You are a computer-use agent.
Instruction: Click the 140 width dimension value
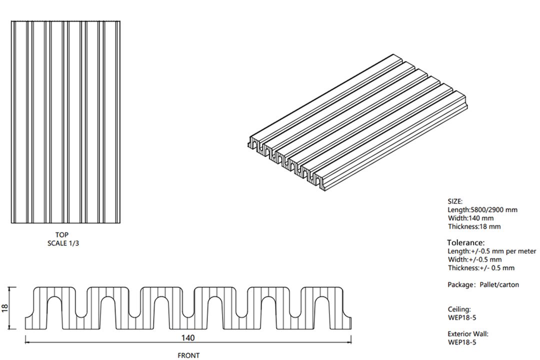187,337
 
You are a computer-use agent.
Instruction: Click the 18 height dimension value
5,307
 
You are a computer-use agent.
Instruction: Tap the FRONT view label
188,355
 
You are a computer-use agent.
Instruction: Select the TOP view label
62,235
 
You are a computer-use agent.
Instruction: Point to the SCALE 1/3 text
63,243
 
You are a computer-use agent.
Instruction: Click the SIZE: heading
455,201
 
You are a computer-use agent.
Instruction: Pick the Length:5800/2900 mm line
482,210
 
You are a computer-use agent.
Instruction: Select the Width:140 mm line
470,218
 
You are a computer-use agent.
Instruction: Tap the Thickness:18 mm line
474,226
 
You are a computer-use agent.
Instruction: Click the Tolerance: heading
465,242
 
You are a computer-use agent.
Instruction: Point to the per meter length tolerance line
492,251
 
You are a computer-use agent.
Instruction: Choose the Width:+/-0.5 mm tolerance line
474,259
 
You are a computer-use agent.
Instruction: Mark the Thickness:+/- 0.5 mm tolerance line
481,268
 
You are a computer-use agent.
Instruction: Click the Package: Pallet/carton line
483,285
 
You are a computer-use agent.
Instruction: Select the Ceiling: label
459,309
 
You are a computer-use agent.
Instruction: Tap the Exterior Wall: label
468,334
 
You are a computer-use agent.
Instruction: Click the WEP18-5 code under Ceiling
462,317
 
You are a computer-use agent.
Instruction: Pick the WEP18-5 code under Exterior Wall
462,342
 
